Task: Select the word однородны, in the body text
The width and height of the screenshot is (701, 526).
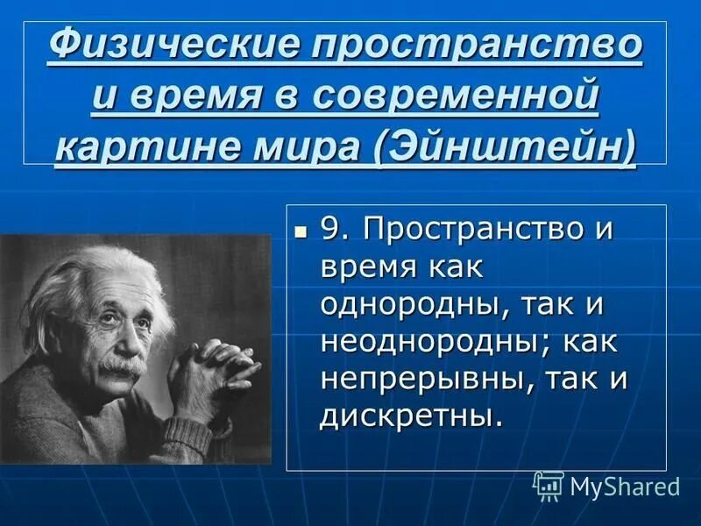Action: pos(402,306)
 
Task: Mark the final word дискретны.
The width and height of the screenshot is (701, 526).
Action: pos(412,416)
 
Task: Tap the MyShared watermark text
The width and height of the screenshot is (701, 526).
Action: pos(625,486)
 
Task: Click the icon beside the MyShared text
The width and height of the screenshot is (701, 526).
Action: pos(549,485)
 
